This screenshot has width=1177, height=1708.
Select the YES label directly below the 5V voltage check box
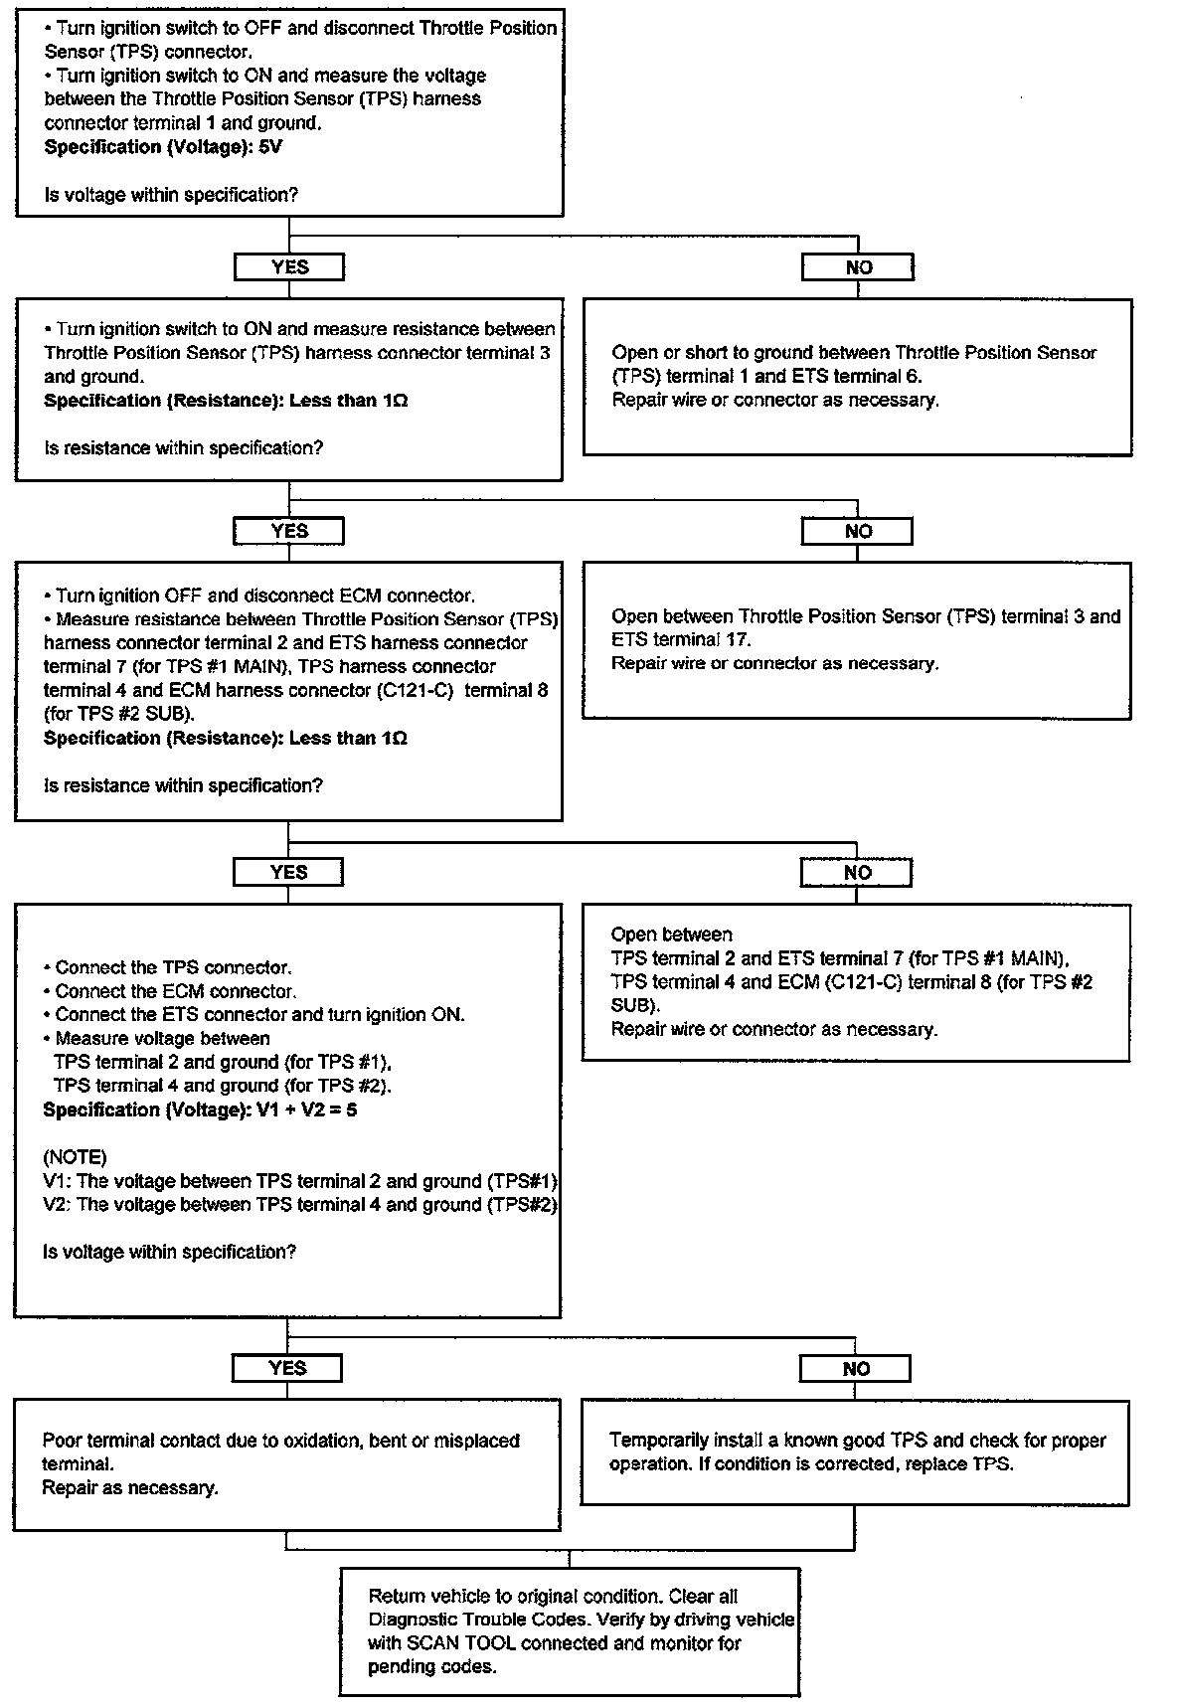[x=289, y=267]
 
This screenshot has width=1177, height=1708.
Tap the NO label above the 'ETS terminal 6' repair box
[x=858, y=267]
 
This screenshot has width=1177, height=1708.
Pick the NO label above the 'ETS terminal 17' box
[x=857, y=532]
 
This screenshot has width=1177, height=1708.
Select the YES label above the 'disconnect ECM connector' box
[x=289, y=532]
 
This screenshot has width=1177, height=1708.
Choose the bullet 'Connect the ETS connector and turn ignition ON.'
[x=254, y=1015]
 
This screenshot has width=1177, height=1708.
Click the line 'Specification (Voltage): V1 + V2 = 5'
[x=200, y=1110]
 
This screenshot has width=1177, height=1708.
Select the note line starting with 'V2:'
[x=299, y=1205]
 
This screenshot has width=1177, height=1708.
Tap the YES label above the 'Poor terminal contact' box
[x=287, y=1369]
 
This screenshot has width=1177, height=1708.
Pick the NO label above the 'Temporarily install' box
[x=855, y=1369]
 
